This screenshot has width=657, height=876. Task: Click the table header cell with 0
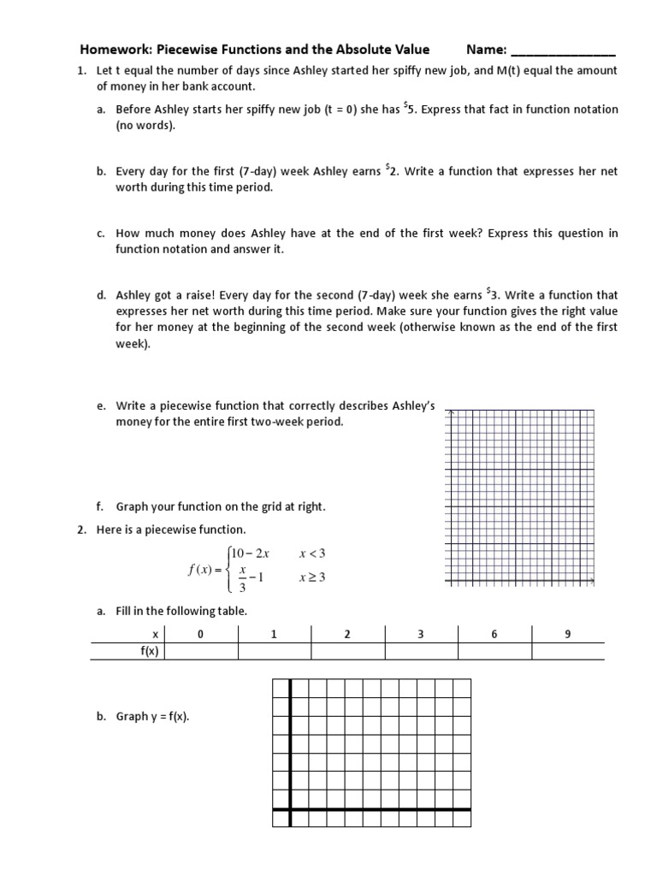coord(200,634)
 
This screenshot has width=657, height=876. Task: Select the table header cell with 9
coord(567,634)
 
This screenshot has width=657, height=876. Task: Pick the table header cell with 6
coord(494,634)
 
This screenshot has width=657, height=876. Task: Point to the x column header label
coord(155,634)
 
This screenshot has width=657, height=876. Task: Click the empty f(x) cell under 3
coord(421,651)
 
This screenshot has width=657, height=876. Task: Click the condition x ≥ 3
coord(312,578)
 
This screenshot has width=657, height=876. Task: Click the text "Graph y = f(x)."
coord(152,717)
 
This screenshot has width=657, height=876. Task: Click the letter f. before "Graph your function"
coord(100,506)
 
